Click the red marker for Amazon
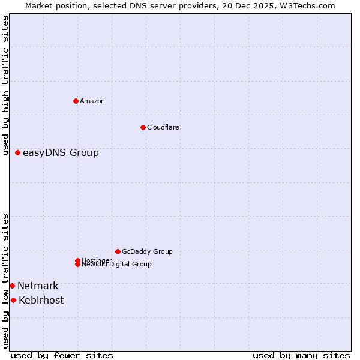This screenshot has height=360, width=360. coord(76,101)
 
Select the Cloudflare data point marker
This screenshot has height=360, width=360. coord(143,127)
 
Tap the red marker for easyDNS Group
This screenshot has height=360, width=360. coord(18,153)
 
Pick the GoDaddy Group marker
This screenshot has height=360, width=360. coord(118,251)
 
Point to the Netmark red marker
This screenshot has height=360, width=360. coord(12,286)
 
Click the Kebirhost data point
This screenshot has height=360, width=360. coord(13,300)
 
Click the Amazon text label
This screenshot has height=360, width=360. coord(92,101)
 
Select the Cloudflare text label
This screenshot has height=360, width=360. coord(163,127)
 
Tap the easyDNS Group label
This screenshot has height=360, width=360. coord(61,153)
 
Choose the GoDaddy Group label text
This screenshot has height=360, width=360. coord(147,251)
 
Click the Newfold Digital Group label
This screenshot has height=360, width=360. coord(117,265)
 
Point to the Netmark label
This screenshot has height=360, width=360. coord(38,286)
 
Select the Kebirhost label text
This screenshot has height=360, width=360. coord(41,301)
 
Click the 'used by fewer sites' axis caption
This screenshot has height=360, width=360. coord(62,355)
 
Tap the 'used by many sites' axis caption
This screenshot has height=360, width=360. coord(301,355)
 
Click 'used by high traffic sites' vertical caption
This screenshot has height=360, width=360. coord(6,85)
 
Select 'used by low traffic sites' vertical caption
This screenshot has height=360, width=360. coord(6,280)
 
